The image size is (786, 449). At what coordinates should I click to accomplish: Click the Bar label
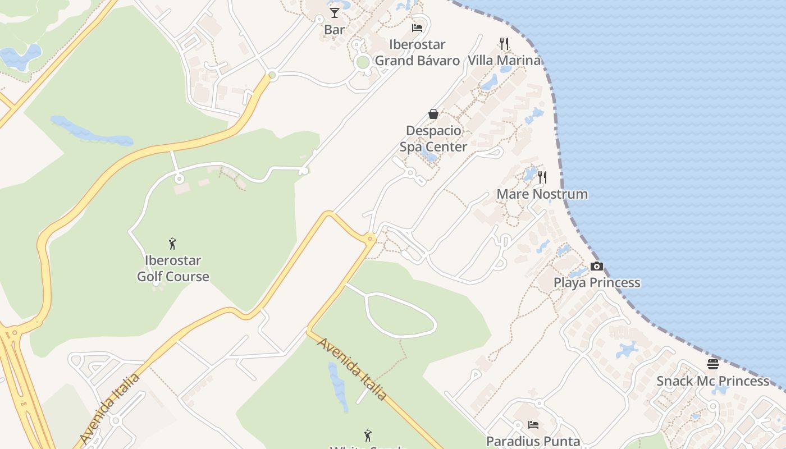pos(334,29)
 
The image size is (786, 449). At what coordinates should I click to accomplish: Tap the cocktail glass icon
pos(335,12)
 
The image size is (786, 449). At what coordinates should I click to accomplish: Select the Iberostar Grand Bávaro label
pos(417,52)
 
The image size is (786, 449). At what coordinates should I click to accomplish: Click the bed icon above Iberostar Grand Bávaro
pos(417,28)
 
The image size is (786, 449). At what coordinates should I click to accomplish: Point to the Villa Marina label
pos(504,60)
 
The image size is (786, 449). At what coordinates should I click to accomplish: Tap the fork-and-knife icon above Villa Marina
pos(504,43)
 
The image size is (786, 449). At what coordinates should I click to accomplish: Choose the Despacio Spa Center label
pos(433,139)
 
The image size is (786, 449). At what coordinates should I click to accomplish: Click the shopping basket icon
pos(433,114)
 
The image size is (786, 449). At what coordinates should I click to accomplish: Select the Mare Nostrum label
pos(542,194)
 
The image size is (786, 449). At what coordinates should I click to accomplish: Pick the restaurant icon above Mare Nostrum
pos(542,177)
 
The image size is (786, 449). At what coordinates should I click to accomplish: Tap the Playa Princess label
pos(597,282)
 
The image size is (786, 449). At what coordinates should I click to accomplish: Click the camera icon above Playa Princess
pos(597,266)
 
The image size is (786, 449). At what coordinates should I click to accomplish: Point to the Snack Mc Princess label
pos(713,381)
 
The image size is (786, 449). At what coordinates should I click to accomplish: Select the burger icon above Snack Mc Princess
pos(713,364)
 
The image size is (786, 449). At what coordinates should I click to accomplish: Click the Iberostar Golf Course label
pos(173,268)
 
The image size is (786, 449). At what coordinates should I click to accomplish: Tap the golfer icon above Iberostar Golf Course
pos(173,244)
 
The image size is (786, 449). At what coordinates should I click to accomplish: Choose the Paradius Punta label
pos(533,441)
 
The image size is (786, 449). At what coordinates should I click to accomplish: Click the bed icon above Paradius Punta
pos(533,425)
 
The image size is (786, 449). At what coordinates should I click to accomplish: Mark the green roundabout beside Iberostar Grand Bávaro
pos(363,62)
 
